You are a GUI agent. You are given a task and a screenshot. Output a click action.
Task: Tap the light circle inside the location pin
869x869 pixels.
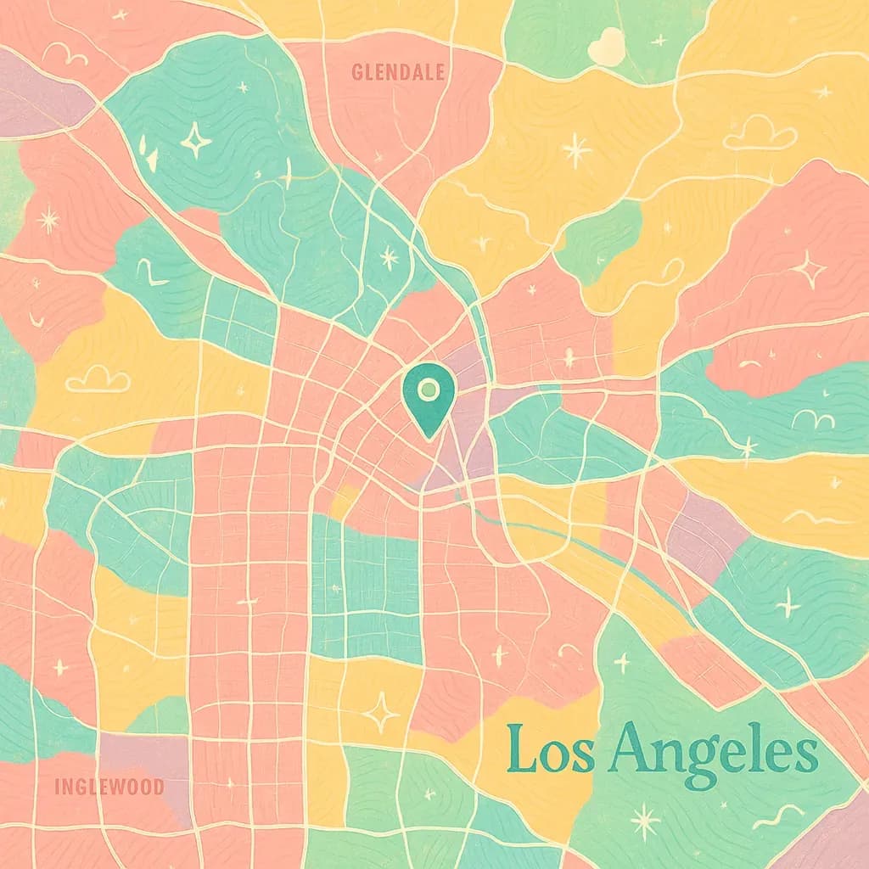click(x=429, y=390)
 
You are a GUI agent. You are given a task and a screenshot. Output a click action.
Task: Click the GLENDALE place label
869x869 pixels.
click(x=398, y=73)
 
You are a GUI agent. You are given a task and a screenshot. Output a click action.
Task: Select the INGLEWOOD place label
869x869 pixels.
click(x=109, y=786)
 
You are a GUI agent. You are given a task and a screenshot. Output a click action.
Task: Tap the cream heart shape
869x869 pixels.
click(x=605, y=46)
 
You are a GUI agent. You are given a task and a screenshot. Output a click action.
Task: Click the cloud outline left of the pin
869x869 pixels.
click(x=98, y=378)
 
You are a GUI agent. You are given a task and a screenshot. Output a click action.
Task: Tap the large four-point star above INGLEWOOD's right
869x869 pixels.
click(x=380, y=711)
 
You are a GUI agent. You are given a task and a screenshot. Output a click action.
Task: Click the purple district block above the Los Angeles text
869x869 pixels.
click(x=707, y=530)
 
